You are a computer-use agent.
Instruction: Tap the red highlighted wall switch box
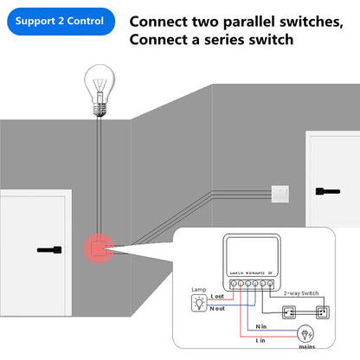(98, 248)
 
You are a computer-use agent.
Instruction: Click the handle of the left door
(49, 250)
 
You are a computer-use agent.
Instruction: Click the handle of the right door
(330, 189)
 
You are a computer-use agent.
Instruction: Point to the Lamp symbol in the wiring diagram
(197, 302)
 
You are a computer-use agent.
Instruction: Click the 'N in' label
(260, 326)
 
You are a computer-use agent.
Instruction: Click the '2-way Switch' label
(304, 293)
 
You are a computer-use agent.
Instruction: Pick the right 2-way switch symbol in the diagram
(322, 310)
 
